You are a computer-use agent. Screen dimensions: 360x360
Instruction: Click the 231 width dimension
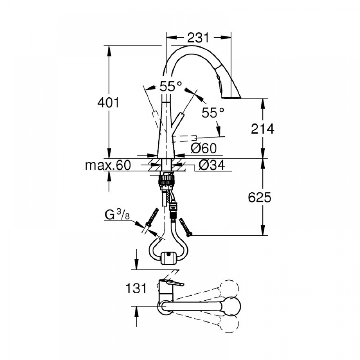[198, 38]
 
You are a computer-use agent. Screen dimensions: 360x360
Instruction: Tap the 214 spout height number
[262, 129]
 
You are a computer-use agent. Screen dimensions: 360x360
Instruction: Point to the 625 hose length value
[260, 197]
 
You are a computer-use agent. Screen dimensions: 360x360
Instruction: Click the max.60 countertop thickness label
[108, 165]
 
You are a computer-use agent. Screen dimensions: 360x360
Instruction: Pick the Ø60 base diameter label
[203, 148]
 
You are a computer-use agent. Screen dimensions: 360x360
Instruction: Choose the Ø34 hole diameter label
[212, 165]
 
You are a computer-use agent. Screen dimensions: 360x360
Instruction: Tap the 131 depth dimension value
[136, 288]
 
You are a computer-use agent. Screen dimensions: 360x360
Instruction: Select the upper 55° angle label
[171, 86]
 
